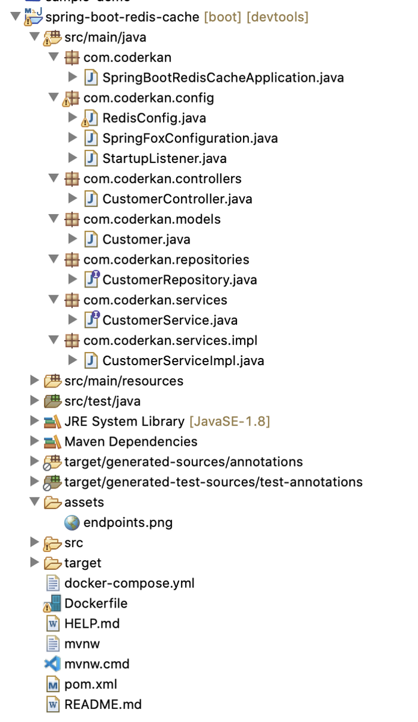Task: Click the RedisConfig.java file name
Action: pyautogui.click(x=154, y=119)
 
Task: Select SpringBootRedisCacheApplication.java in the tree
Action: pyautogui.click(x=223, y=78)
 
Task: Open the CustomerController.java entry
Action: pyautogui.click(x=177, y=199)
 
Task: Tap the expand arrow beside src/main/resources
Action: pyautogui.click(x=34, y=381)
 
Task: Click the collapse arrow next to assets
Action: pyautogui.click(x=34, y=502)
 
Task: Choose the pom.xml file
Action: pyautogui.click(x=91, y=684)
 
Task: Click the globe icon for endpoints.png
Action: pyautogui.click(x=72, y=523)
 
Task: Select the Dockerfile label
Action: pyautogui.click(x=96, y=603)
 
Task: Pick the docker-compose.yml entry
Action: pyautogui.click(x=129, y=584)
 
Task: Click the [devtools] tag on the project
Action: pyautogui.click(x=277, y=17)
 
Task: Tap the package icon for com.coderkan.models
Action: pyautogui.click(x=72, y=220)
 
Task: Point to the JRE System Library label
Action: pyautogui.click(x=124, y=422)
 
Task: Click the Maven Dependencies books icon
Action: pyautogui.click(x=52, y=442)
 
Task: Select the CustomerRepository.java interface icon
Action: pyautogui.click(x=91, y=279)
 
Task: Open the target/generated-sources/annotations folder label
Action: pyautogui.click(x=183, y=462)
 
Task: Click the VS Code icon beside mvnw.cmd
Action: pyautogui.click(x=52, y=664)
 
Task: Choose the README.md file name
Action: pyautogui.click(x=103, y=705)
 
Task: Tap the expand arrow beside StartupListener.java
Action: pyautogui.click(x=73, y=158)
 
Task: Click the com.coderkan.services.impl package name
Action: pyautogui.click(x=170, y=341)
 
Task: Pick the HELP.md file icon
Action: pyautogui.click(x=53, y=624)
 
